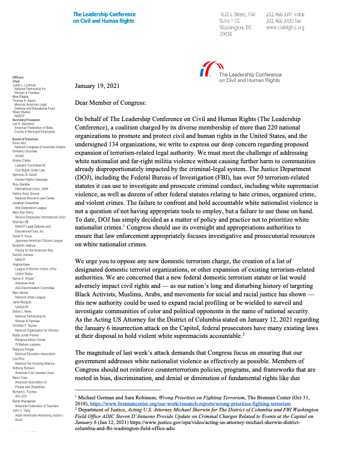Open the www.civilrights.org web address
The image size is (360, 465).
coord(285,28)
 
